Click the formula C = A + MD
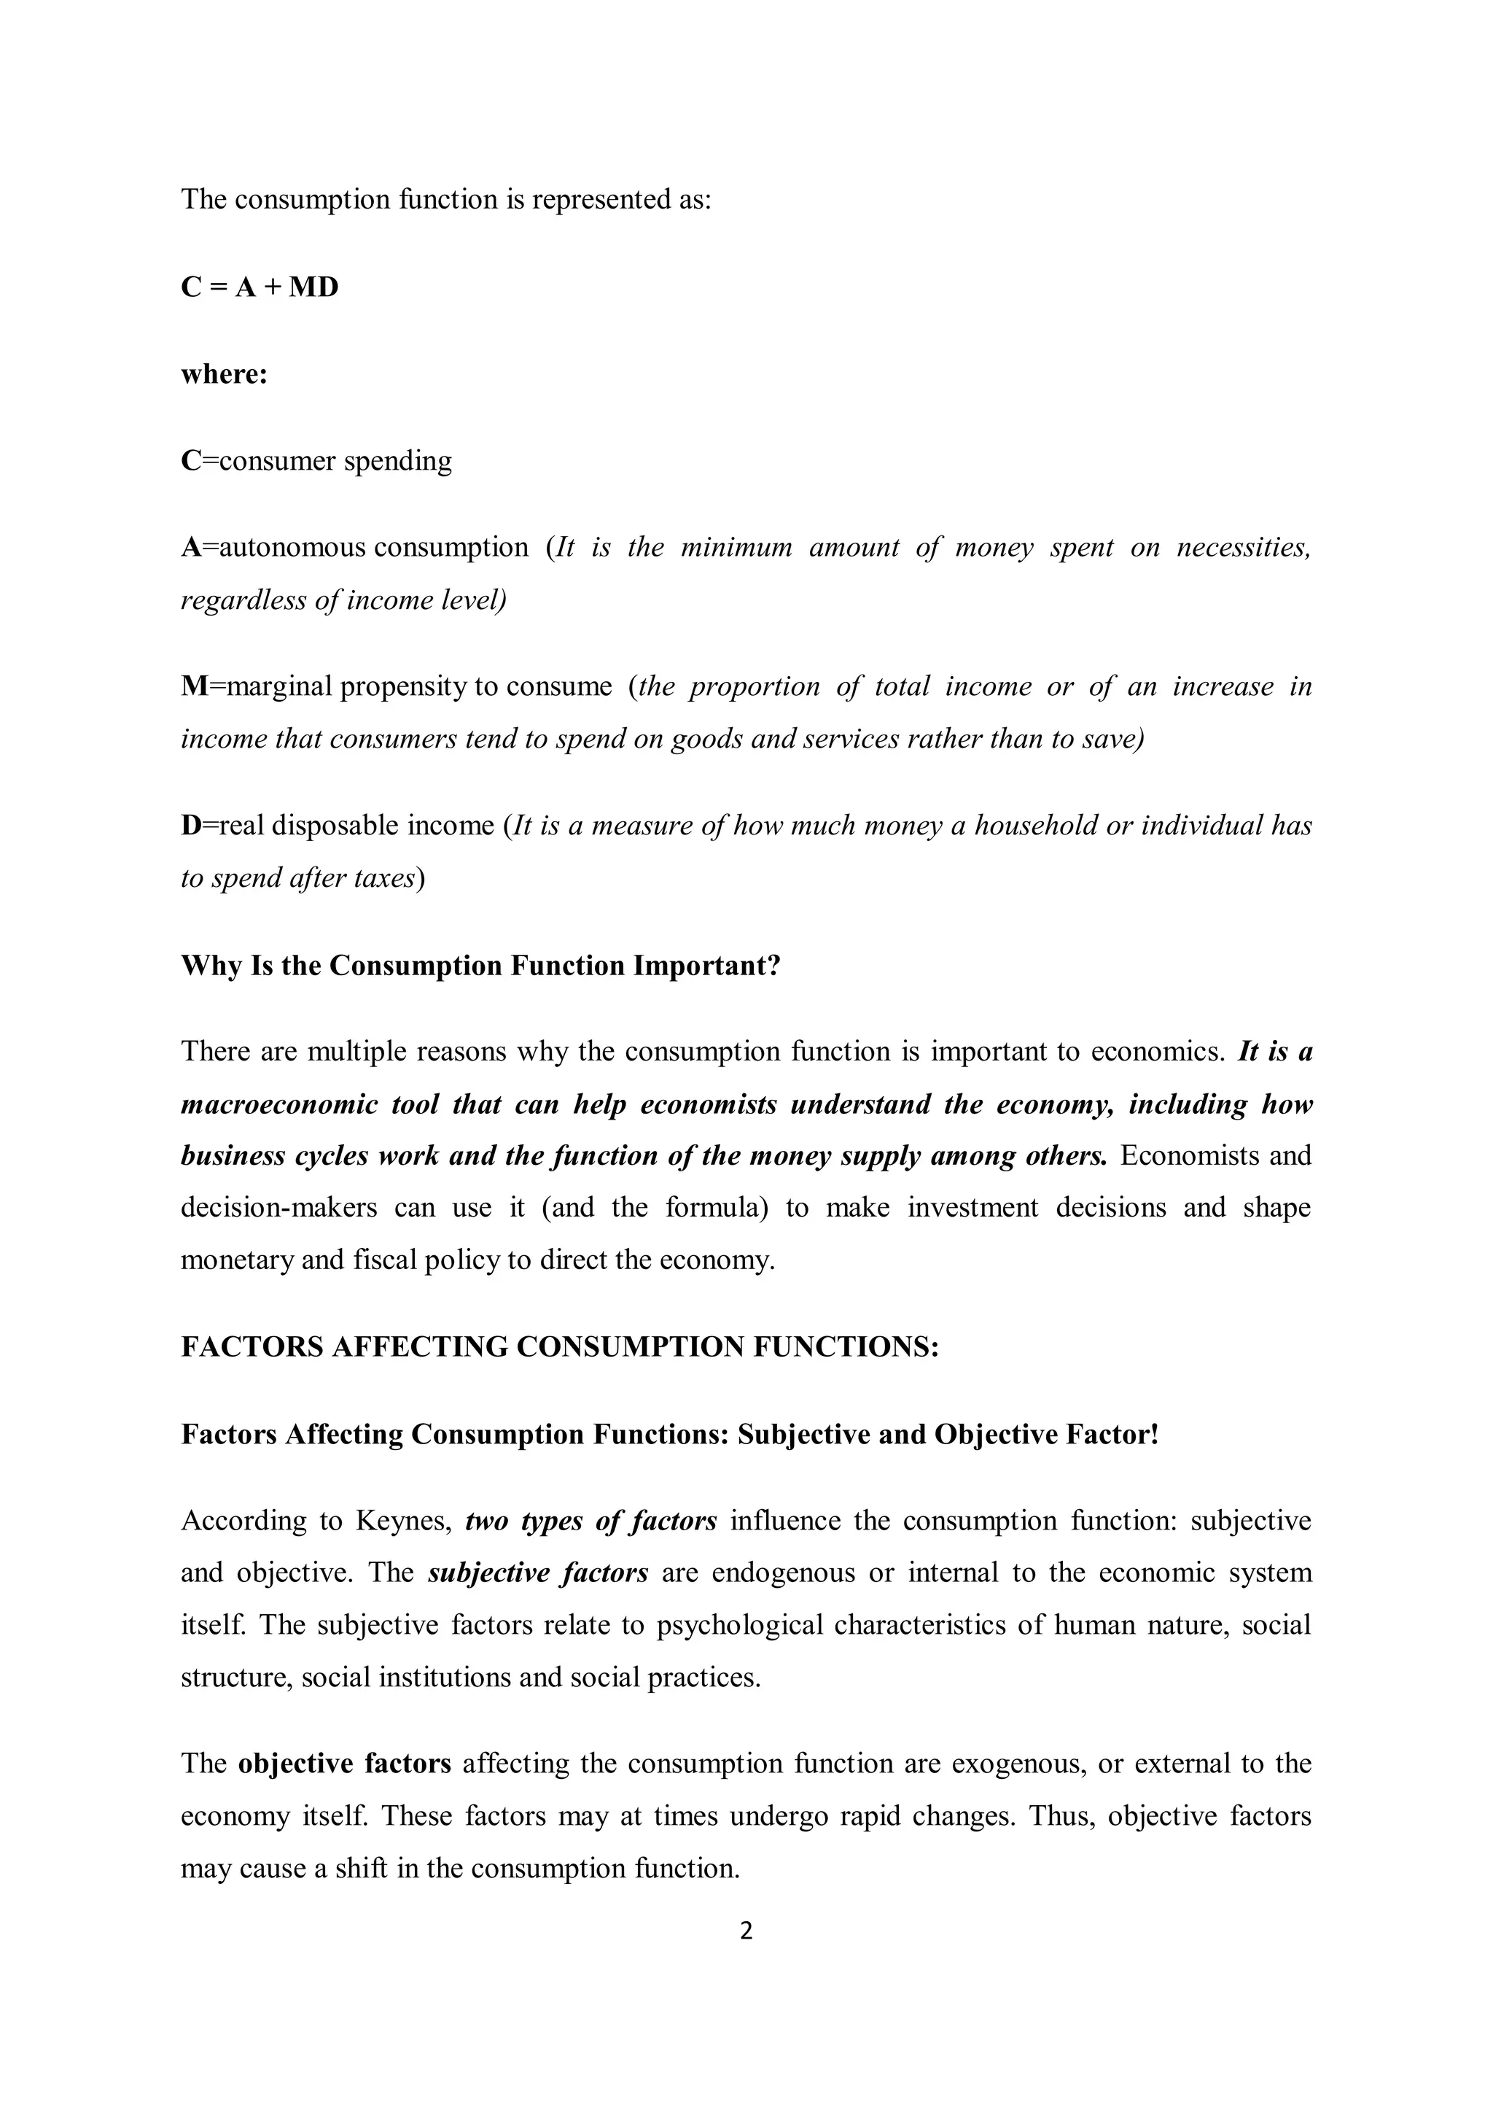260,288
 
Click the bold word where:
224,375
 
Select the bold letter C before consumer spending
190,461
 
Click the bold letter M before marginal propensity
192,686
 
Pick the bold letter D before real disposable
190,826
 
